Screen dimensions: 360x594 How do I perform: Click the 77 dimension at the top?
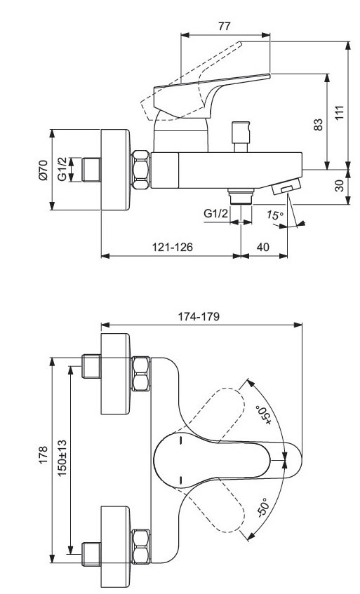click(225, 26)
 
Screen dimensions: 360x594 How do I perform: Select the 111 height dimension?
click(340, 113)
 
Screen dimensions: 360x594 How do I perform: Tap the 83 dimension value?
click(319, 125)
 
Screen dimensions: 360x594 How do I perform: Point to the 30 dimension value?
click(340, 185)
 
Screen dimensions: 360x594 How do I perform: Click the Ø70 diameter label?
click(43, 170)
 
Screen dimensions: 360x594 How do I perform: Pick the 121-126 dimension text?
click(173, 247)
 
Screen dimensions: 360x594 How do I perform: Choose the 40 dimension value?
click(263, 247)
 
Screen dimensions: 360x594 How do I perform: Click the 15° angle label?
click(274, 215)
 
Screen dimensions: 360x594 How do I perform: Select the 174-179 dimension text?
click(199, 316)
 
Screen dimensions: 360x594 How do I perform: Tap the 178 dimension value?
click(43, 454)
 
